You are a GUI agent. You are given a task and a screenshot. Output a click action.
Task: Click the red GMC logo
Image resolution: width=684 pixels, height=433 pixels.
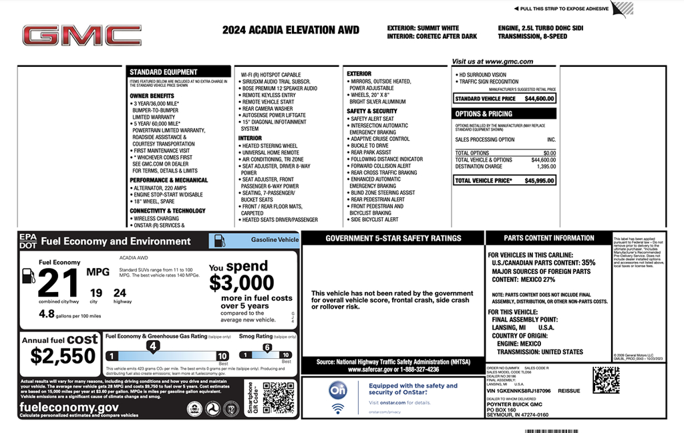point(81,35)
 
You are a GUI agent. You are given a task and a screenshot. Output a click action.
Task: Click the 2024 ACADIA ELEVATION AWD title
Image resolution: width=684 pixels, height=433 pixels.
point(291,30)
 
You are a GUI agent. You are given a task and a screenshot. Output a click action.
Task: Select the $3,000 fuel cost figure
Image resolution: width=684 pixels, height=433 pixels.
point(241,283)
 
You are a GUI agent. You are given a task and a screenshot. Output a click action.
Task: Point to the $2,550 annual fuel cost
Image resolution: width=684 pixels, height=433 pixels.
point(63,355)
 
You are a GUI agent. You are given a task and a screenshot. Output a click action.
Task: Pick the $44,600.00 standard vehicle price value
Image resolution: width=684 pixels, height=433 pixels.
point(539,99)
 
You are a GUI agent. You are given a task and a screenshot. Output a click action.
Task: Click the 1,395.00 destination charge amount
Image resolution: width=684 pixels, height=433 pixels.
point(544,166)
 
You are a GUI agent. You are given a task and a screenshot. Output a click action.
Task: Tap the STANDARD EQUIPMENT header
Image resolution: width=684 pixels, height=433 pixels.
point(164,72)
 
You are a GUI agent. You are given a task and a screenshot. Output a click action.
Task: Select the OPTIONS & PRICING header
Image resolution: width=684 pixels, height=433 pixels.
point(484,114)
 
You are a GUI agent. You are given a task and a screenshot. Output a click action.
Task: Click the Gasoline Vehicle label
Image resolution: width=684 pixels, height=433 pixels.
point(275,239)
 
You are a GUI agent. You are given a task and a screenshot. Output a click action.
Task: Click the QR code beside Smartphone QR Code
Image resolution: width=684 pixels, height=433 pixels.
point(279,398)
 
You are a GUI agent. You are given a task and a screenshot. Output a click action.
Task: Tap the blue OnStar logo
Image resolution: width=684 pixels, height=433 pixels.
point(338,391)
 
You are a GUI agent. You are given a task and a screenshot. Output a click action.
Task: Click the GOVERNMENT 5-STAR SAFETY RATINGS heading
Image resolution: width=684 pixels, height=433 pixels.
point(393,238)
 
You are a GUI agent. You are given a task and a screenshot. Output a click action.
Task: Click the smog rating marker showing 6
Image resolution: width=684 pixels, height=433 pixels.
point(267,347)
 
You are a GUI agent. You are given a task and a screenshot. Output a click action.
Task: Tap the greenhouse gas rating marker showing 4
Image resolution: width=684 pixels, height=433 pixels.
point(153,345)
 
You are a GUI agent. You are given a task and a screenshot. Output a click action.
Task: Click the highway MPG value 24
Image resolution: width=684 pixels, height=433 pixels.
point(120,292)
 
